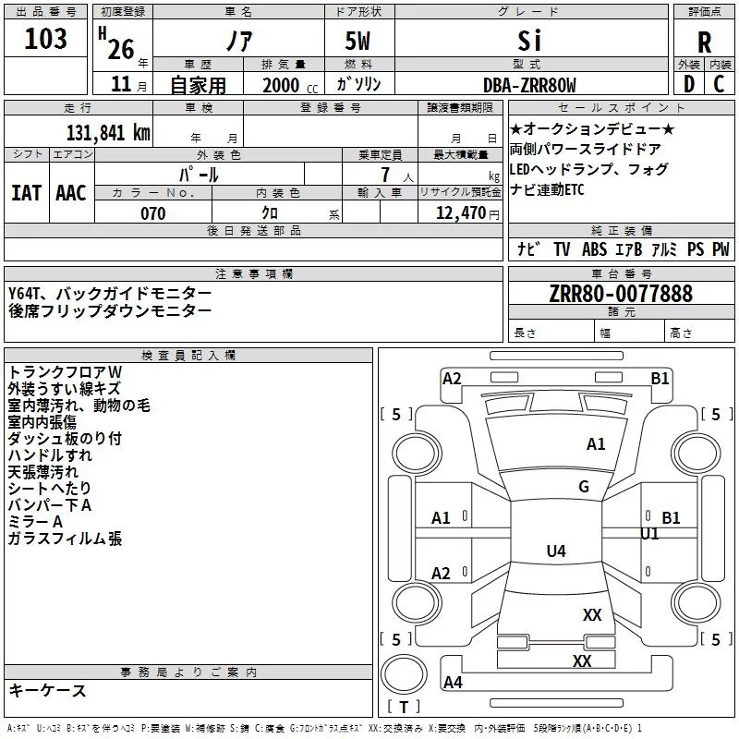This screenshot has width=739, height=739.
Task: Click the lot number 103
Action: pyautogui.click(x=45, y=39)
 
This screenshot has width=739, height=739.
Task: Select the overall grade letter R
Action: pyautogui.click(x=704, y=42)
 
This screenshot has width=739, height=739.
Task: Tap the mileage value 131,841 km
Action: pyautogui.click(x=108, y=133)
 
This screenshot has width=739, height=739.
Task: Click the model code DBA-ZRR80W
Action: pyautogui.click(x=529, y=85)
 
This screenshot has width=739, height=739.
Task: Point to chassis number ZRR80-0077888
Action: pyautogui.click(x=621, y=294)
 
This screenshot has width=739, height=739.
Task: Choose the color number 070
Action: pyautogui.click(x=153, y=213)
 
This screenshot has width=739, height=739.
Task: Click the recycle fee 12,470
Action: pyautogui.click(x=460, y=213)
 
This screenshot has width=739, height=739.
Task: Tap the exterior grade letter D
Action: pyautogui.click(x=689, y=84)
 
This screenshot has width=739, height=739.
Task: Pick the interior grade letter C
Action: pyautogui.click(x=719, y=84)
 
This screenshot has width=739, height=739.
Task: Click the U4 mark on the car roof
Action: pyautogui.click(x=556, y=551)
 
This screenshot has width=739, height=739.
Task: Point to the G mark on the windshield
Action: pyautogui.click(x=584, y=487)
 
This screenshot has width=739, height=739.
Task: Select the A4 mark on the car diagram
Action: pyautogui.click(x=453, y=682)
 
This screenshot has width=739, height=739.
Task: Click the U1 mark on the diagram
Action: pyautogui.click(x=649, y=534)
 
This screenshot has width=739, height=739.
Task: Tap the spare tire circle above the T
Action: pyautogui.click(x=404, y=674)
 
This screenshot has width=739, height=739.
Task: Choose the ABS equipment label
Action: pyautogui.click(x=594, y=249)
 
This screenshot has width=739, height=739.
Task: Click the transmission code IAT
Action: pyautogui.click(x=27, y=193)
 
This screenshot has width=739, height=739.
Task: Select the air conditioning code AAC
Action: pyautogui.click(x=71, y=193)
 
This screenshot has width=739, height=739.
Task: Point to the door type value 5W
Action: pyautogui.click(x=357, y=41)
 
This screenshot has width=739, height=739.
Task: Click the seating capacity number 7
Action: pyautogui.click(x=385, y=175)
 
